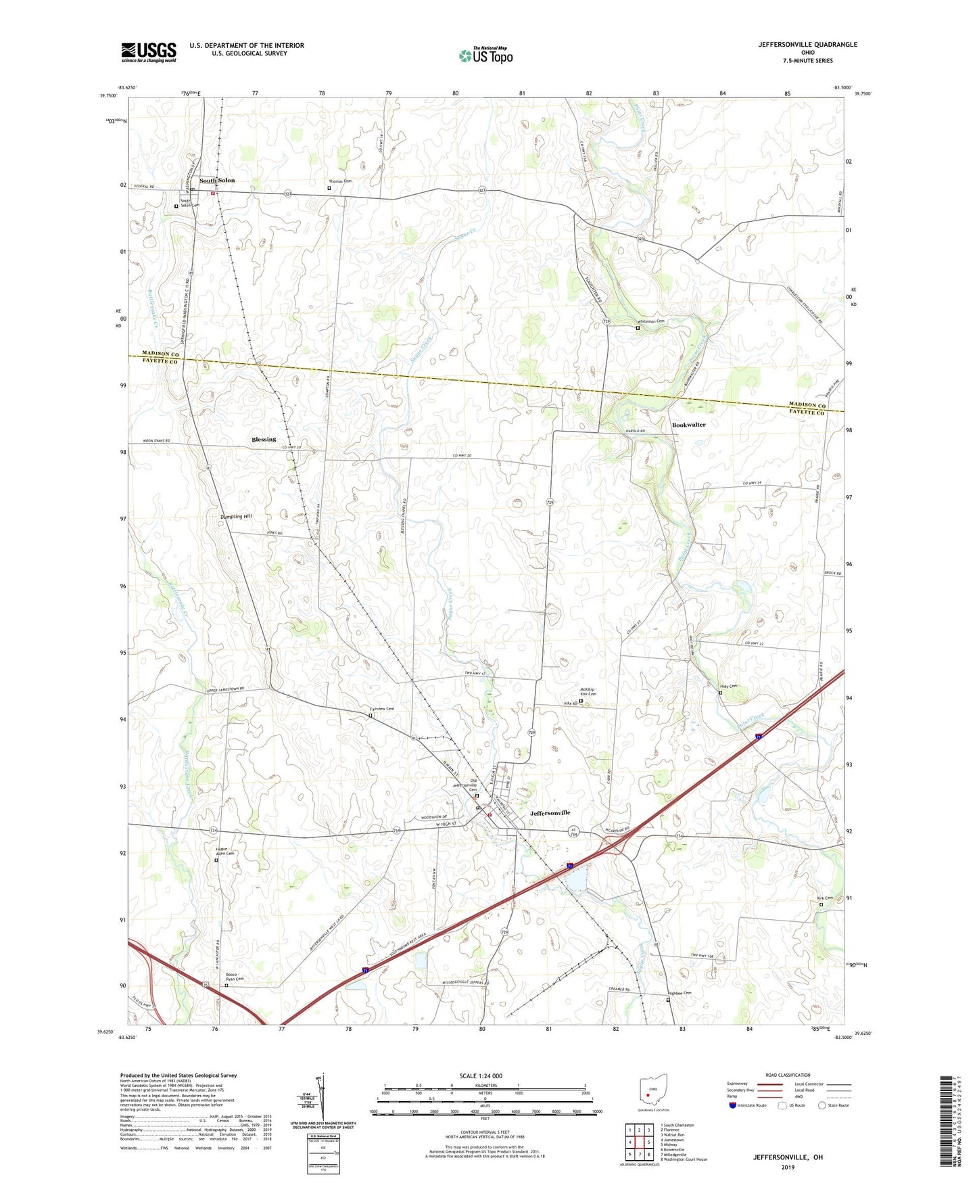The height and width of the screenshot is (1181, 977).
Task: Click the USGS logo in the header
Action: tap(149, 51)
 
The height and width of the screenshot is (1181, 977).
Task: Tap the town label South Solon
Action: tap(217, 181)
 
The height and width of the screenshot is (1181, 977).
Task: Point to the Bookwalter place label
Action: tap(688, 425)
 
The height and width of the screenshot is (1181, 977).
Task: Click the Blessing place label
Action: tap(264, 440)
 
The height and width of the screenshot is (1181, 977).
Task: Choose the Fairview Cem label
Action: tap(382, 709)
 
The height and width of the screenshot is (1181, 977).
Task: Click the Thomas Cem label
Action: tap(340, 181)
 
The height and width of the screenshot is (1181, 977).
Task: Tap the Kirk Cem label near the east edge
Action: tap(825, 898)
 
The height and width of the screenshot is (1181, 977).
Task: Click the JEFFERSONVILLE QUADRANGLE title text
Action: tap(807, 45)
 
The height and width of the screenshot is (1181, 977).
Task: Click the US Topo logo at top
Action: tap(485, 55)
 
